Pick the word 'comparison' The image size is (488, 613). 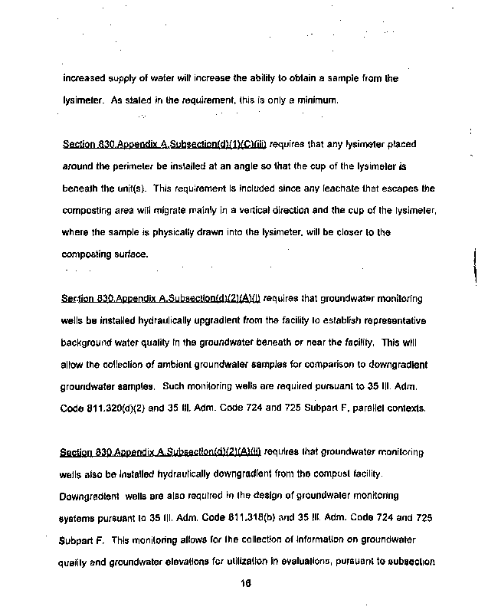316,365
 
